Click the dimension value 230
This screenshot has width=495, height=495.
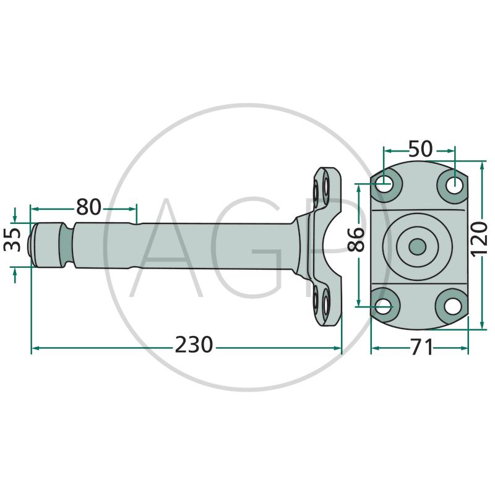194,345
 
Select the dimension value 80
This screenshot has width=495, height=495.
88,207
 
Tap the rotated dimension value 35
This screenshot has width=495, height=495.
12,239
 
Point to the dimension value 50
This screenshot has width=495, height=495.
420,148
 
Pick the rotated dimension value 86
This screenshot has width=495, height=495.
356,239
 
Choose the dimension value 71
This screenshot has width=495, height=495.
422,347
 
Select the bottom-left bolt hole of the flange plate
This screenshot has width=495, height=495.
384,306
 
